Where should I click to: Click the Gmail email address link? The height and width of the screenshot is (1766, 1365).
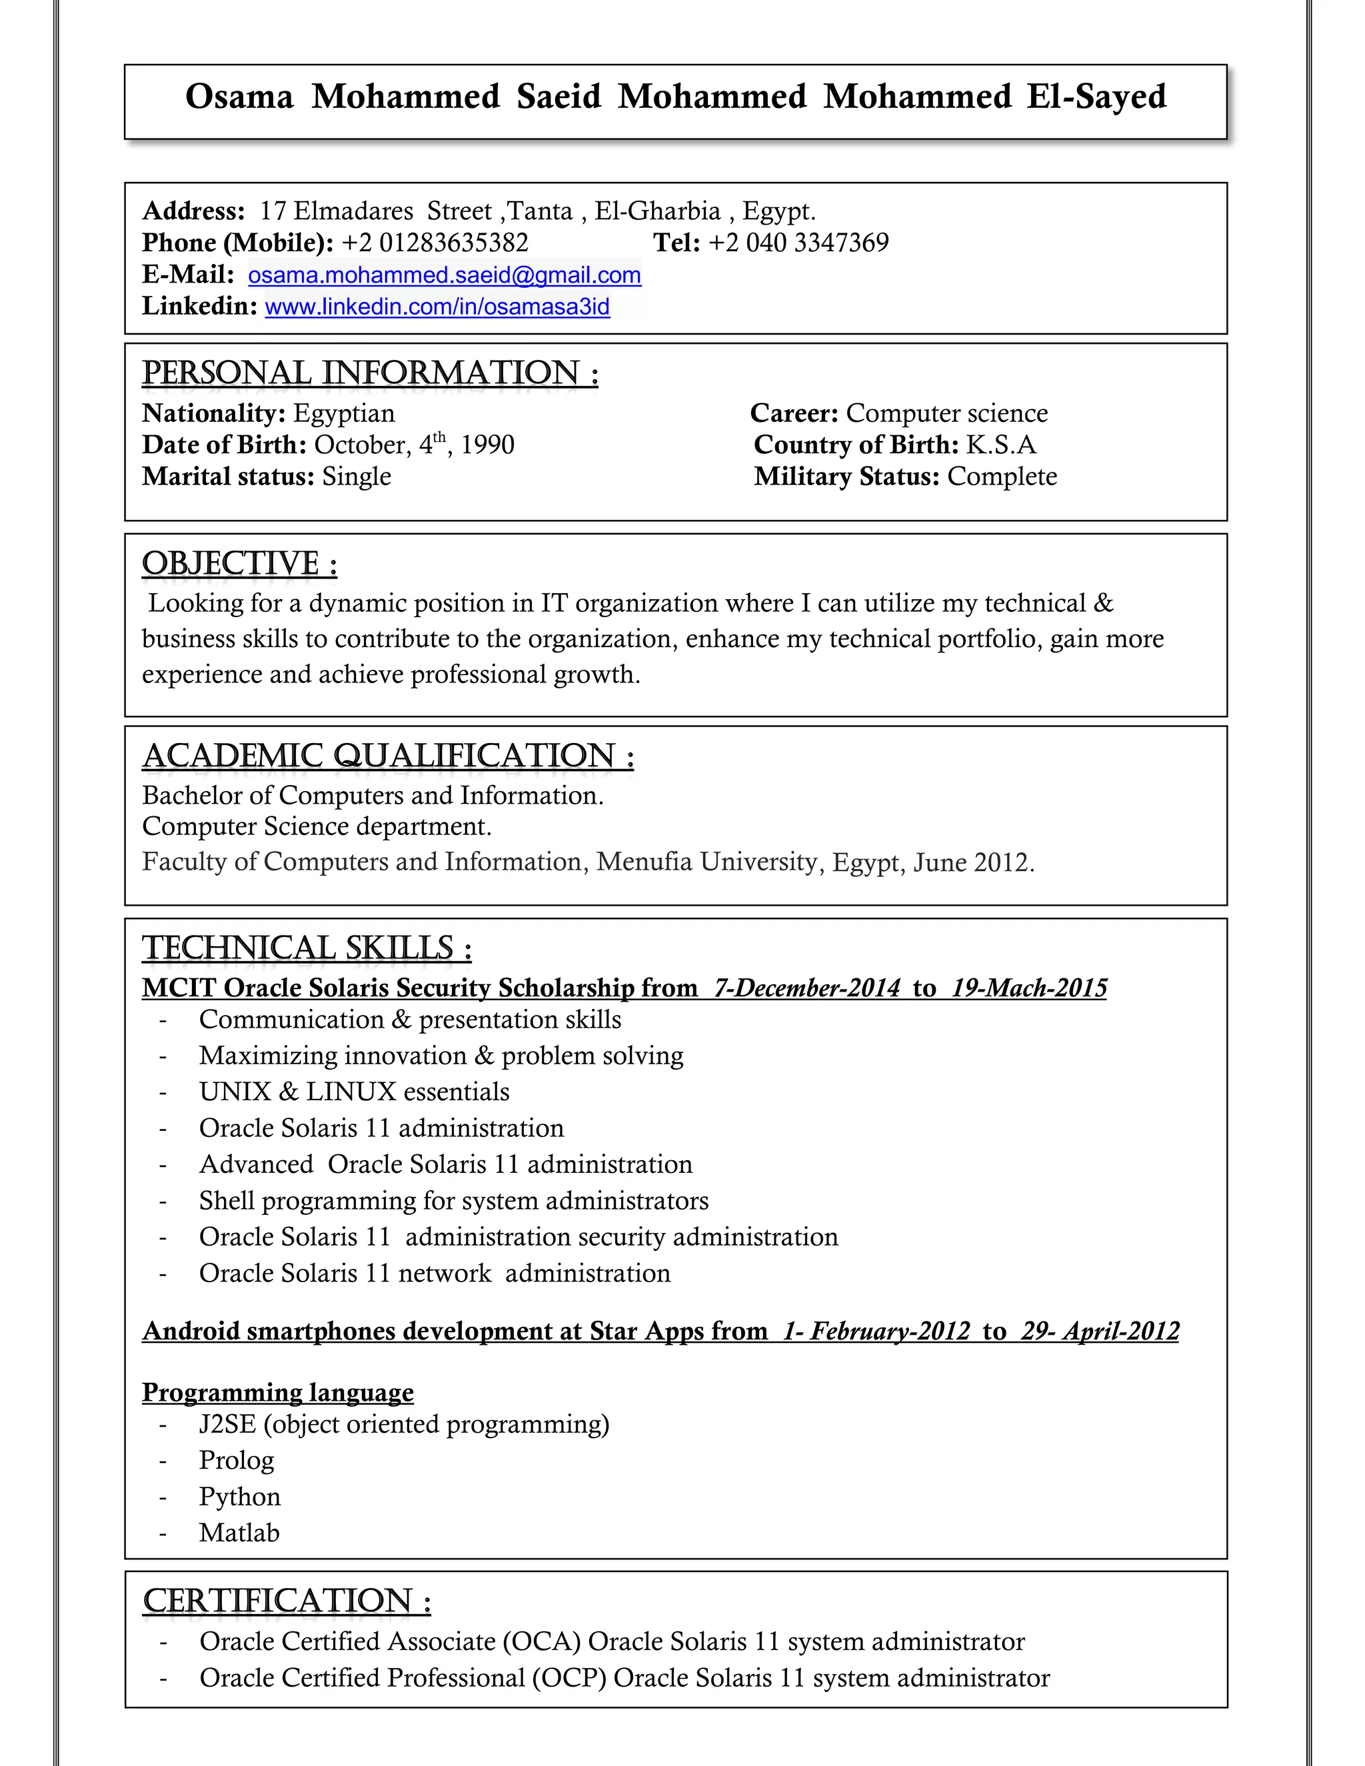coord(444,276)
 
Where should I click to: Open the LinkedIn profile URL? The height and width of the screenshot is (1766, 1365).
coord(437,307)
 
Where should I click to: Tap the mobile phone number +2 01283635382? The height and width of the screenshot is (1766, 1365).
coord(435,243)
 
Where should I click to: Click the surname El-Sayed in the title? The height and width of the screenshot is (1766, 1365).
coord(1096,97)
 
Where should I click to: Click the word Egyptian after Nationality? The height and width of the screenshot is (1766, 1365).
coord(344,413)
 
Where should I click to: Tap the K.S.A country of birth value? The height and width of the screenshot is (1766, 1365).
coord(1000,444)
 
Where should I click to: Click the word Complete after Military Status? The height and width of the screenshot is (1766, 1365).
coord(1002,476)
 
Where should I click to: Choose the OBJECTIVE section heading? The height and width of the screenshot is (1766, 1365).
coord(239,564)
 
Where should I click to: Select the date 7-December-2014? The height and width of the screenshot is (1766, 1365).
coord(806,988)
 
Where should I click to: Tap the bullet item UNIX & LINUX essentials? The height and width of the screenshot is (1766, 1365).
coord(354,1092)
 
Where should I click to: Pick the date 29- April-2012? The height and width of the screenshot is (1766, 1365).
coord(1100,1331)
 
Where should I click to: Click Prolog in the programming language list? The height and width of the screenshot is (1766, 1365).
coord(236,1460)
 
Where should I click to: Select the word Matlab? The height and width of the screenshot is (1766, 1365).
coord(239,1533)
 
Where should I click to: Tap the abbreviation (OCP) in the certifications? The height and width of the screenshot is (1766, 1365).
coord(569,1678)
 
